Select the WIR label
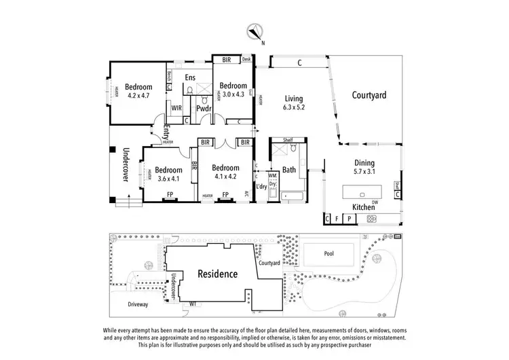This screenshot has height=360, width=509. [176, 108]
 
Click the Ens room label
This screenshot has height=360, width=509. [190, 77]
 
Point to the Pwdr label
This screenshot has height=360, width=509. [204, 108]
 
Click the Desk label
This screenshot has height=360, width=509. [246, 60]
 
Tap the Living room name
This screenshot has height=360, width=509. [294, 98]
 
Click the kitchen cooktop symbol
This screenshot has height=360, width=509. [372, 219]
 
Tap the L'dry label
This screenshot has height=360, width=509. [261, 186]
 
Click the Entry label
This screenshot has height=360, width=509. [166, 132]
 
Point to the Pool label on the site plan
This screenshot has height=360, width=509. [329, 253]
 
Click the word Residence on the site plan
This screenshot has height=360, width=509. [217, 274]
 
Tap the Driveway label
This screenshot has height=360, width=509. [138, 304]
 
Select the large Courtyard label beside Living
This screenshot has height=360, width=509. [369, 96]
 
